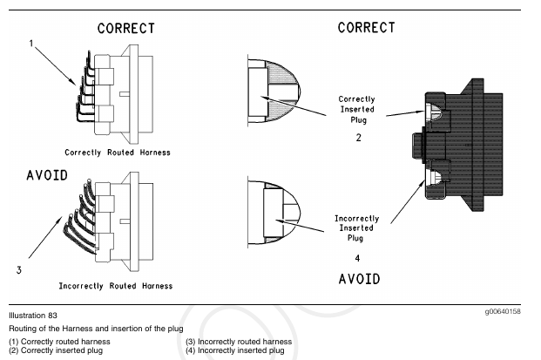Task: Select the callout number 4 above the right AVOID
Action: pyautogui.click(x=358, y=259)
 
